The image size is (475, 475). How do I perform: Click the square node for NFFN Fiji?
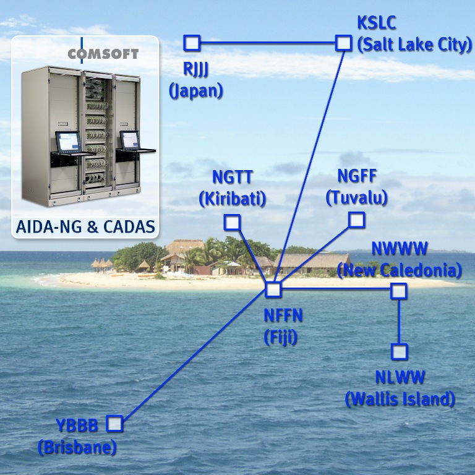273,289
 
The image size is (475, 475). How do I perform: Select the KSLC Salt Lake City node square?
343,43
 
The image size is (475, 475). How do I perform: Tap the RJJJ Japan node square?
192,43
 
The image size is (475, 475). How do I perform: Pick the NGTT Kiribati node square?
232,223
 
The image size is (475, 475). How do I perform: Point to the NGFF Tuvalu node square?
356,220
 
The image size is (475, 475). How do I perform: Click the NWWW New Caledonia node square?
399,291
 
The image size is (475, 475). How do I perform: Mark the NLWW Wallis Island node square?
400,351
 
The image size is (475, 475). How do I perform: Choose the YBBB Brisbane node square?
114,424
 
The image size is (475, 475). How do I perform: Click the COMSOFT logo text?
103,54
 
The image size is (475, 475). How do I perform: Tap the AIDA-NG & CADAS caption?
85,226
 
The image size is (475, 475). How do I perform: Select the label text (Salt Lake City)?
414,45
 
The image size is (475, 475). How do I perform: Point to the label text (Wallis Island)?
400,399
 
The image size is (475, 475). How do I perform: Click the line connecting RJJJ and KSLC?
267,43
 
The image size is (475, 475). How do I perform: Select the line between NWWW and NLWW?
400,322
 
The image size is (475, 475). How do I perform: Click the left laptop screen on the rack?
68,142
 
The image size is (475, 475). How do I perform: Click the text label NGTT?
232,178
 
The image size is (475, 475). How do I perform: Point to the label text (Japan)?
195,91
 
